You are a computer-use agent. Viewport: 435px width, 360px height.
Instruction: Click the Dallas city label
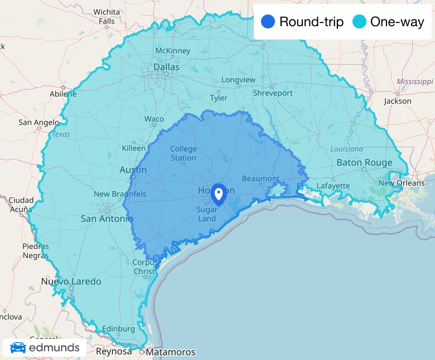[167, 67]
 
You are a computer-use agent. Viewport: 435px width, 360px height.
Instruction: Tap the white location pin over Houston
[219, 194]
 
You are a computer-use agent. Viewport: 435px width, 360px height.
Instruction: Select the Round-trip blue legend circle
[268, 22]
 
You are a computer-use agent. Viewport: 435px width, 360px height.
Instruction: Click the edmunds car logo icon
[18, 348]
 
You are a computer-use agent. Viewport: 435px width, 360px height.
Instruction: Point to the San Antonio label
[107, 218]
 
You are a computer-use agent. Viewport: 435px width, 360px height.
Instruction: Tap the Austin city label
[133, 169]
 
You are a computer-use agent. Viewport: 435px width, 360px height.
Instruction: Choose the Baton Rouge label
[364, 163]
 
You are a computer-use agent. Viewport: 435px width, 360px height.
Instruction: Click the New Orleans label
[402, 183]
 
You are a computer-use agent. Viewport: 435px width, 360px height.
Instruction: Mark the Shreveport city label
[272, 93]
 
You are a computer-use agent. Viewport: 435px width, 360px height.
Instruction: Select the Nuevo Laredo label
[71, 281]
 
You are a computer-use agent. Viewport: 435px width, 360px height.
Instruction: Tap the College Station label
[183, 153]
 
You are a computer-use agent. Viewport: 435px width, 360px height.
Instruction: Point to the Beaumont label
[260, 179]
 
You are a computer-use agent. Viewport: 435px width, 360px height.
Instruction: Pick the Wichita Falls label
[107, 16]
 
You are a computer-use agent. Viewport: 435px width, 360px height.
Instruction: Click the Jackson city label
[398, 101]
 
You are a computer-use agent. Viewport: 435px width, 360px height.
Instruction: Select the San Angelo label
[38, 122]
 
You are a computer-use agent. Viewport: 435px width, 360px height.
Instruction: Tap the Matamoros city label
[170, 352]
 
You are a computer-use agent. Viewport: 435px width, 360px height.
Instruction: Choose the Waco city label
[154, 119]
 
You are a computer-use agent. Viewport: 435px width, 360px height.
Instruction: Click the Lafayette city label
[333, 186]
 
